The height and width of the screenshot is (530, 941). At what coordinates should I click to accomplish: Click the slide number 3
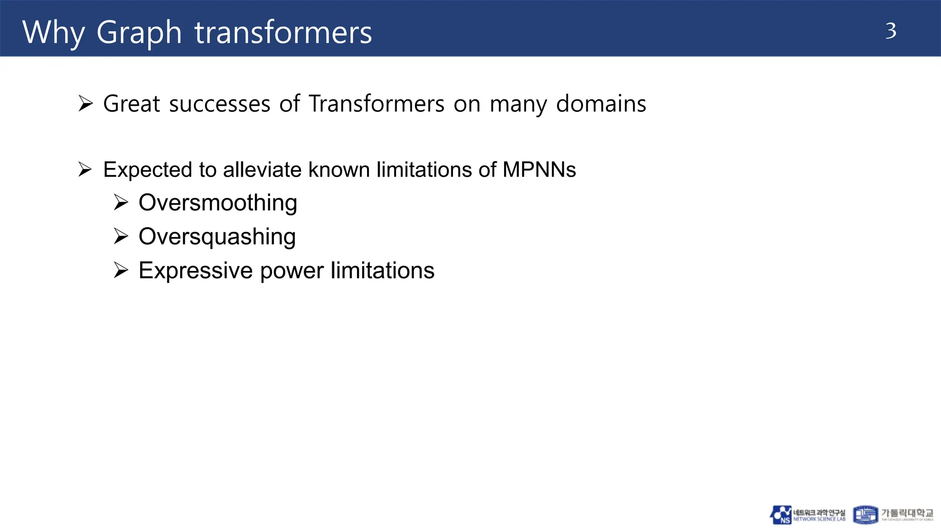coord(890,31)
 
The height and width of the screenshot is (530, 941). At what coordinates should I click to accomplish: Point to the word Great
coord(131,104)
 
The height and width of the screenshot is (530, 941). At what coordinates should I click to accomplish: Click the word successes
coord(220,104)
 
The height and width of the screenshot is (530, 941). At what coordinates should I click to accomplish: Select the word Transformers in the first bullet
coord(376,104)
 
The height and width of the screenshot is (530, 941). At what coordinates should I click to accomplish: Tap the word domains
coord(601,104)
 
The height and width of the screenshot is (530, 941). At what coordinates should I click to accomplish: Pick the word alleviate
coord(262,170)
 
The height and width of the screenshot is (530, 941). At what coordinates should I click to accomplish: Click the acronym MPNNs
coord(539,170)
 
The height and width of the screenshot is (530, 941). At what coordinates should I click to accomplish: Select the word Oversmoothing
coord(218,203)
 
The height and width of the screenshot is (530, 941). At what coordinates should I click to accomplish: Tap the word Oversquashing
coord(217,237)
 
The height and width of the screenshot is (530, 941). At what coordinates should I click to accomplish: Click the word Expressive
coord(195,271)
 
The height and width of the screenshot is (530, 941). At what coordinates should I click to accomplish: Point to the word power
coord(291,271)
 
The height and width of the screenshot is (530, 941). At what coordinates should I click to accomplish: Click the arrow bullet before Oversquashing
coord(121,236)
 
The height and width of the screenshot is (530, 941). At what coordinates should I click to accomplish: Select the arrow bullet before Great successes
coord(85,104)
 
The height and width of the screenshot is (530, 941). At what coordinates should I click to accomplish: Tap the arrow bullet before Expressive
coord(121,270)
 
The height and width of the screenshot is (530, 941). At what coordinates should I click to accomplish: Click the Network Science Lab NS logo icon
coord(781,515)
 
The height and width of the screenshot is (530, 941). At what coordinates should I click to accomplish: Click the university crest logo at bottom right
coord(865,515)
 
